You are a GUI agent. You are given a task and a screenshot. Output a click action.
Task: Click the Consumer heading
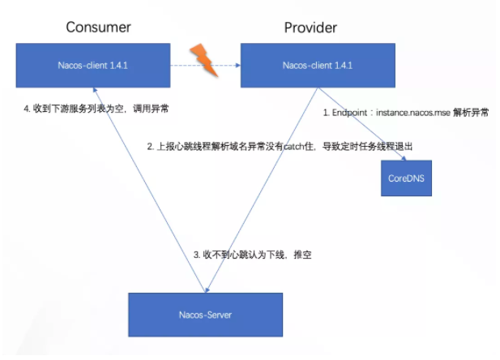point(98,28)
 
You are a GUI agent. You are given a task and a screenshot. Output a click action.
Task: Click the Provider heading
point(310,28)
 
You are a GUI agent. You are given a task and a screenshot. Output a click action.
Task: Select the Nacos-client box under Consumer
point(93,66)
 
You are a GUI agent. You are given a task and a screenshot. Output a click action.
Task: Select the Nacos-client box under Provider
point(318,66)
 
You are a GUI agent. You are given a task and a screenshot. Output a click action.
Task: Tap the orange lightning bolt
point(204,60)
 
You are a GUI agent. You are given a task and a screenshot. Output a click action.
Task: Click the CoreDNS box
point(406,178)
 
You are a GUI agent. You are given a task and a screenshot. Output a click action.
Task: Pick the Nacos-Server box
point(205,315)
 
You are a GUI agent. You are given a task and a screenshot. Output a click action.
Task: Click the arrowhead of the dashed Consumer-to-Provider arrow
point(238,66)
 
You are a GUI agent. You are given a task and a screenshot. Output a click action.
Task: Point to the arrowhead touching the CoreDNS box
point(404,158)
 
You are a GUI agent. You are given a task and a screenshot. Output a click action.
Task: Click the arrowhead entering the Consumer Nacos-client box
point(95,90)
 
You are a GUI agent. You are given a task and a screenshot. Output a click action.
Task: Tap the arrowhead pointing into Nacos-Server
point(207,290)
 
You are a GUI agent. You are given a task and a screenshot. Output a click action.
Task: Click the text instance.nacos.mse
point(413,113)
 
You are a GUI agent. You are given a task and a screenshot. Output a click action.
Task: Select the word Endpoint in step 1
point(350,113)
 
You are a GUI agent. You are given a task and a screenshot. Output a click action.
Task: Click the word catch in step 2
point(293,147)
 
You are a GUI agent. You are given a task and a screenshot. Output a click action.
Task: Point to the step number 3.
point(197,255)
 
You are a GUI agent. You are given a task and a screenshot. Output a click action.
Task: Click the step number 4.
point(27,109)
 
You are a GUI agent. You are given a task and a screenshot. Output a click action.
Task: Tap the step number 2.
point(151,147)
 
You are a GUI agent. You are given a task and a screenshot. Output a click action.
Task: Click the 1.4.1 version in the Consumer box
point(118,66)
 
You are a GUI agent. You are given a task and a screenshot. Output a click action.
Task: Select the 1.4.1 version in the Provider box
point(344,66)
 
